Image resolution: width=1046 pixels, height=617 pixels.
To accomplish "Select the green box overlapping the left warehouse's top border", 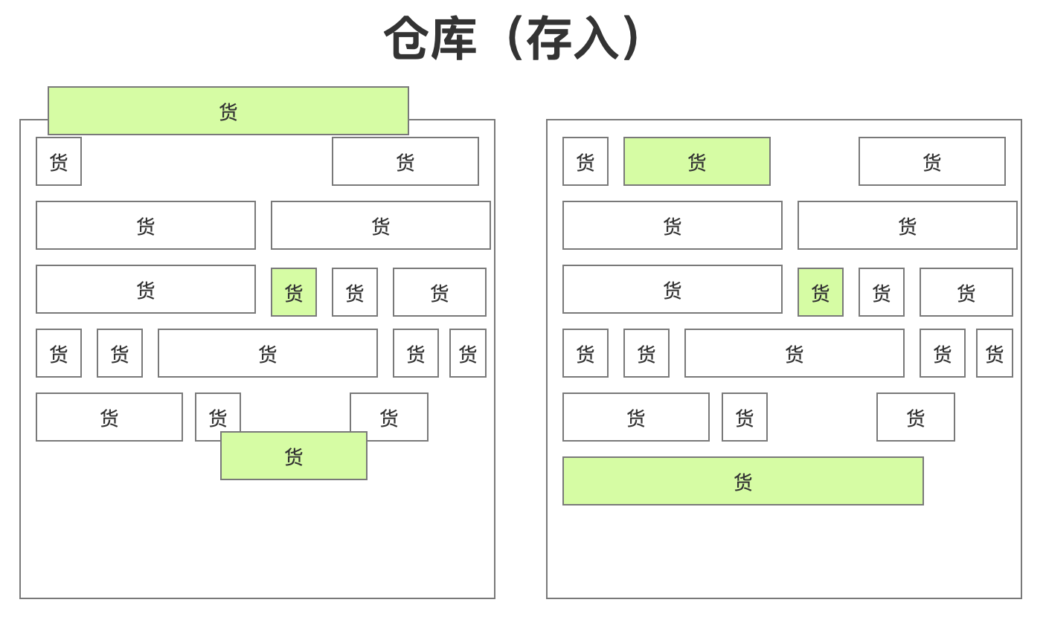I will (x=228, y=111).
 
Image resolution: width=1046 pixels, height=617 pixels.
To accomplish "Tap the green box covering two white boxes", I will (x=294, y=456).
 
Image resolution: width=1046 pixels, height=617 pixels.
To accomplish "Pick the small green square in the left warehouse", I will (x=294, y=292).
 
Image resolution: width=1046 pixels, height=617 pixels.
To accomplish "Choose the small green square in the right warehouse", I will (x=821, y=292).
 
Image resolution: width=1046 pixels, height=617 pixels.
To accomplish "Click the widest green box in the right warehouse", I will (x=743, y=481).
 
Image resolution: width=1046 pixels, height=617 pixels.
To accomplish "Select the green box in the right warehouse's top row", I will (x=697, y=161).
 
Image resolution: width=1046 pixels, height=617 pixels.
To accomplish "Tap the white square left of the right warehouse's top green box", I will (x=585, y=161).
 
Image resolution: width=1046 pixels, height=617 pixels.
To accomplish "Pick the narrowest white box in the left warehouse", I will (x=468, y=353).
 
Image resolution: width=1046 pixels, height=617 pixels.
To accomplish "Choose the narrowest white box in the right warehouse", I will (x=995, y=353).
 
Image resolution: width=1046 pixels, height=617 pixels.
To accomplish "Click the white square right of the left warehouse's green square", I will (x=355, y=292).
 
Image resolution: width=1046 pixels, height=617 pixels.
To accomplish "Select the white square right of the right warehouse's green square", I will (x=882, y=292).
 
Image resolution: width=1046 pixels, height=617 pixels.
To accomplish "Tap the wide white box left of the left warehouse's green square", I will (x=146, y=289).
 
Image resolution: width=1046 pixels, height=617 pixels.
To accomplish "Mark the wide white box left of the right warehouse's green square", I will (x=673, y=289).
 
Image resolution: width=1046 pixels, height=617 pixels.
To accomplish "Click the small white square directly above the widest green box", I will (x=745, y=417).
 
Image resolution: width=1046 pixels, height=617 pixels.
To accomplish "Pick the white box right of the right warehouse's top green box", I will (x=932, y=161).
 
